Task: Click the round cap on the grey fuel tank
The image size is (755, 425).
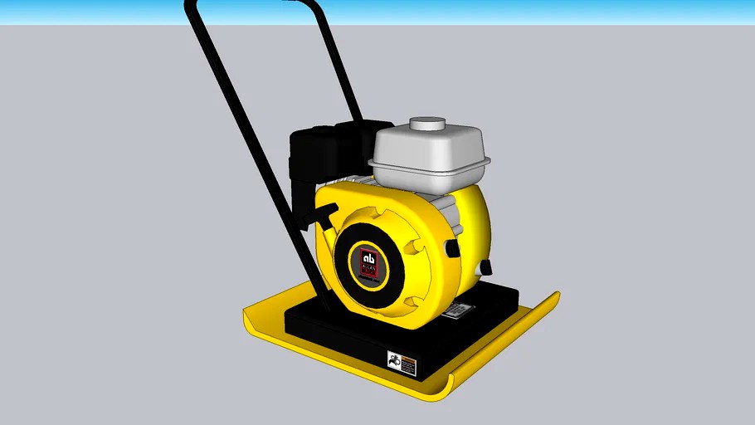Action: pyautogui.click(x=426, y=125)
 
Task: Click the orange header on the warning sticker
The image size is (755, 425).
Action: pyautogui.click(x=406, y=355)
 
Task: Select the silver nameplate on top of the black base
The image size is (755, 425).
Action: pyautogui.click(x=455, y=310)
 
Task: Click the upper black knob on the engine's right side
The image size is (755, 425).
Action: pyautogui.click(x=452, y=248)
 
